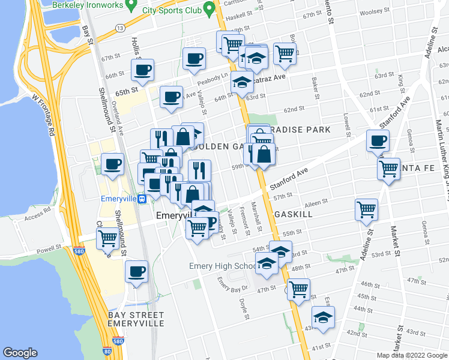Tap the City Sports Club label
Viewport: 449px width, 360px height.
click(x=170, y=10)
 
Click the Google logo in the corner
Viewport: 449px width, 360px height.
click(x=20, y=353)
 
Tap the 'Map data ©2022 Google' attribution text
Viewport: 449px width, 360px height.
click(x=412, y=355)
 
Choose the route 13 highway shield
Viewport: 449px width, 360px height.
click(x=121, y=28)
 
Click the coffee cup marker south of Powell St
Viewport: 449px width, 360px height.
click(x=136, y=271)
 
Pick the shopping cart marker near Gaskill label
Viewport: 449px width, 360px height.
click(x=366, y=209)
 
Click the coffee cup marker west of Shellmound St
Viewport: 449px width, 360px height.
click(x=112, y=164)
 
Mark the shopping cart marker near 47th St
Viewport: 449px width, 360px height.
click(x=298, y=289)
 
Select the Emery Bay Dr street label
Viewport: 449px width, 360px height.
click(x=229, y=282)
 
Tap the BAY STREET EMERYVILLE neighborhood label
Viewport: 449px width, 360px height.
click(x=136, y=319)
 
